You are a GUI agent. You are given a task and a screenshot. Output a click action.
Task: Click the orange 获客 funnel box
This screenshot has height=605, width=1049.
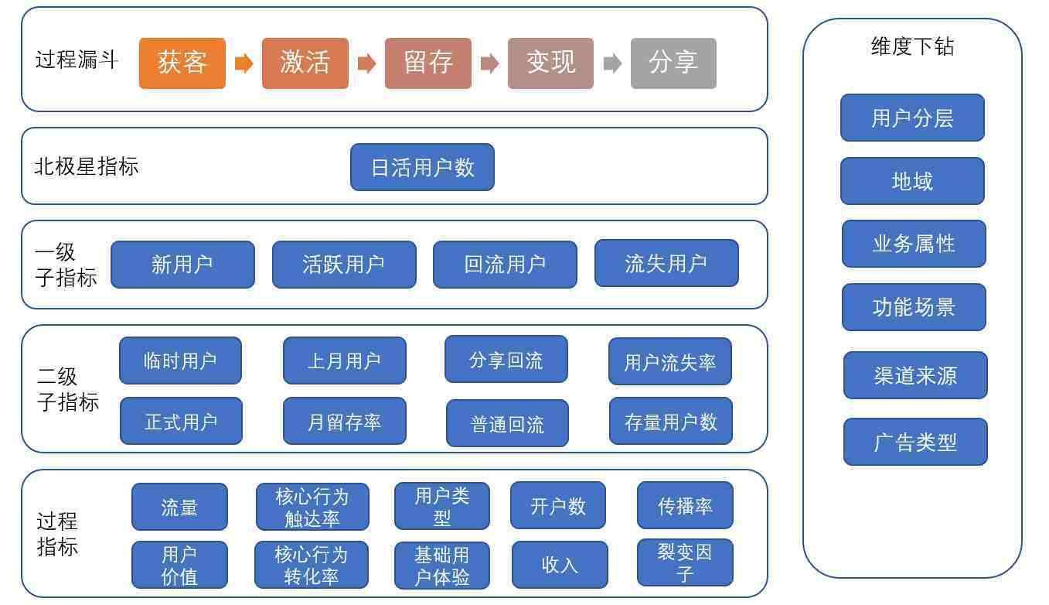click(x=182, y=63)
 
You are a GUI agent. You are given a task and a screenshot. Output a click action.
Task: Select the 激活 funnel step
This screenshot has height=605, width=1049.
click(x=305, y=63)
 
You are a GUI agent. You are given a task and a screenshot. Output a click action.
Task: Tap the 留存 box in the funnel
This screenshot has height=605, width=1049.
click(x=427, y=63)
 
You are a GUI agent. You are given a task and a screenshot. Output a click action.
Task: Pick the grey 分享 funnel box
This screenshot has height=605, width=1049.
click(x=673, y=63)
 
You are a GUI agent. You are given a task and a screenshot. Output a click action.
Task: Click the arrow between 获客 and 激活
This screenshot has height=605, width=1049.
click(x=244, y=63)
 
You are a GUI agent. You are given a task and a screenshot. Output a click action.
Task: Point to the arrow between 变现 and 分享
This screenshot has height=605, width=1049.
click(x=612, y=63)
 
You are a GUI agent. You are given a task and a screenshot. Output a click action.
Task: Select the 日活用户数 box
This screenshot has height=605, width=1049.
click(x=422, y=167)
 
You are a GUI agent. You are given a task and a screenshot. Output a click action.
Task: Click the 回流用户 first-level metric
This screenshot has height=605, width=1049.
click(x=505, y=265)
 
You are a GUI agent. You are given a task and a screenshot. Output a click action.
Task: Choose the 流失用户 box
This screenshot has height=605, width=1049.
click(x=666, y=263)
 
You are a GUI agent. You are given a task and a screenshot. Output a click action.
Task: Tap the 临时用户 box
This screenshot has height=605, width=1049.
click(x=180, y=361)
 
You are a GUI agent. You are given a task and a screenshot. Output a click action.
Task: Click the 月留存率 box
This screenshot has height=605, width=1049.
click(x=344, y=422)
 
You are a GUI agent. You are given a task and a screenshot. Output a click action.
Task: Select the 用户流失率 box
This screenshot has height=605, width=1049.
click(x=669, y=361)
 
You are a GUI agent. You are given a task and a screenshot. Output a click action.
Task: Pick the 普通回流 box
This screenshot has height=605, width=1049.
click(x=507, y=424)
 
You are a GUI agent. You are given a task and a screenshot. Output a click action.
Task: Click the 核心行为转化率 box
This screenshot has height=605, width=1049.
click(x=311, y=565)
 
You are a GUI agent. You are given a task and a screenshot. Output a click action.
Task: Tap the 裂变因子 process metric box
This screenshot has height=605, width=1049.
click(x=685, y=562)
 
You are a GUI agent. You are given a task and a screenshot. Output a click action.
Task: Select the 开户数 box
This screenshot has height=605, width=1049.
click(x=558, y=506)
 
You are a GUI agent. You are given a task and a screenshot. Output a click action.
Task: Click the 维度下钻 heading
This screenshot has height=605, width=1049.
click(x=912, y=46)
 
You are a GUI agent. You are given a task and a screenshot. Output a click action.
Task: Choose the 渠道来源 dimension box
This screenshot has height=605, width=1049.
click(x=915, y=375)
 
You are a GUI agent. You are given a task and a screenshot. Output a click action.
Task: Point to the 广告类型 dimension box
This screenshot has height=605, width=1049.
click(x=915, y=442)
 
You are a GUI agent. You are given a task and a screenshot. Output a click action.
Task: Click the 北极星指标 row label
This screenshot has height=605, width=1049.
click(x=87, y=166)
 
